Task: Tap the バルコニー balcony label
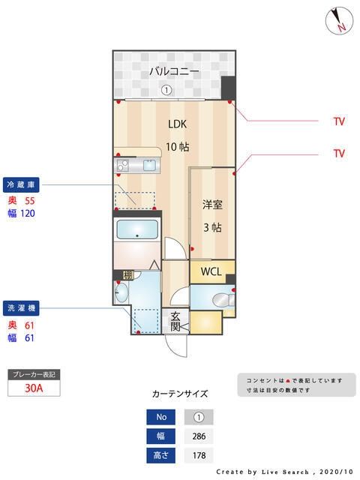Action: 173,72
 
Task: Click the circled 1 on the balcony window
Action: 166,90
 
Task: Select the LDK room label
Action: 177,124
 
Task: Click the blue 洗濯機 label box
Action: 22,307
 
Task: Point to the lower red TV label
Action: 339,153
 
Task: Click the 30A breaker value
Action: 34,388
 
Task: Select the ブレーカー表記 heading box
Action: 33,373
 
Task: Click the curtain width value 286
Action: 198,436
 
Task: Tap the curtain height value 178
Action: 198,455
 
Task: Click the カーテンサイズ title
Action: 180,394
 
